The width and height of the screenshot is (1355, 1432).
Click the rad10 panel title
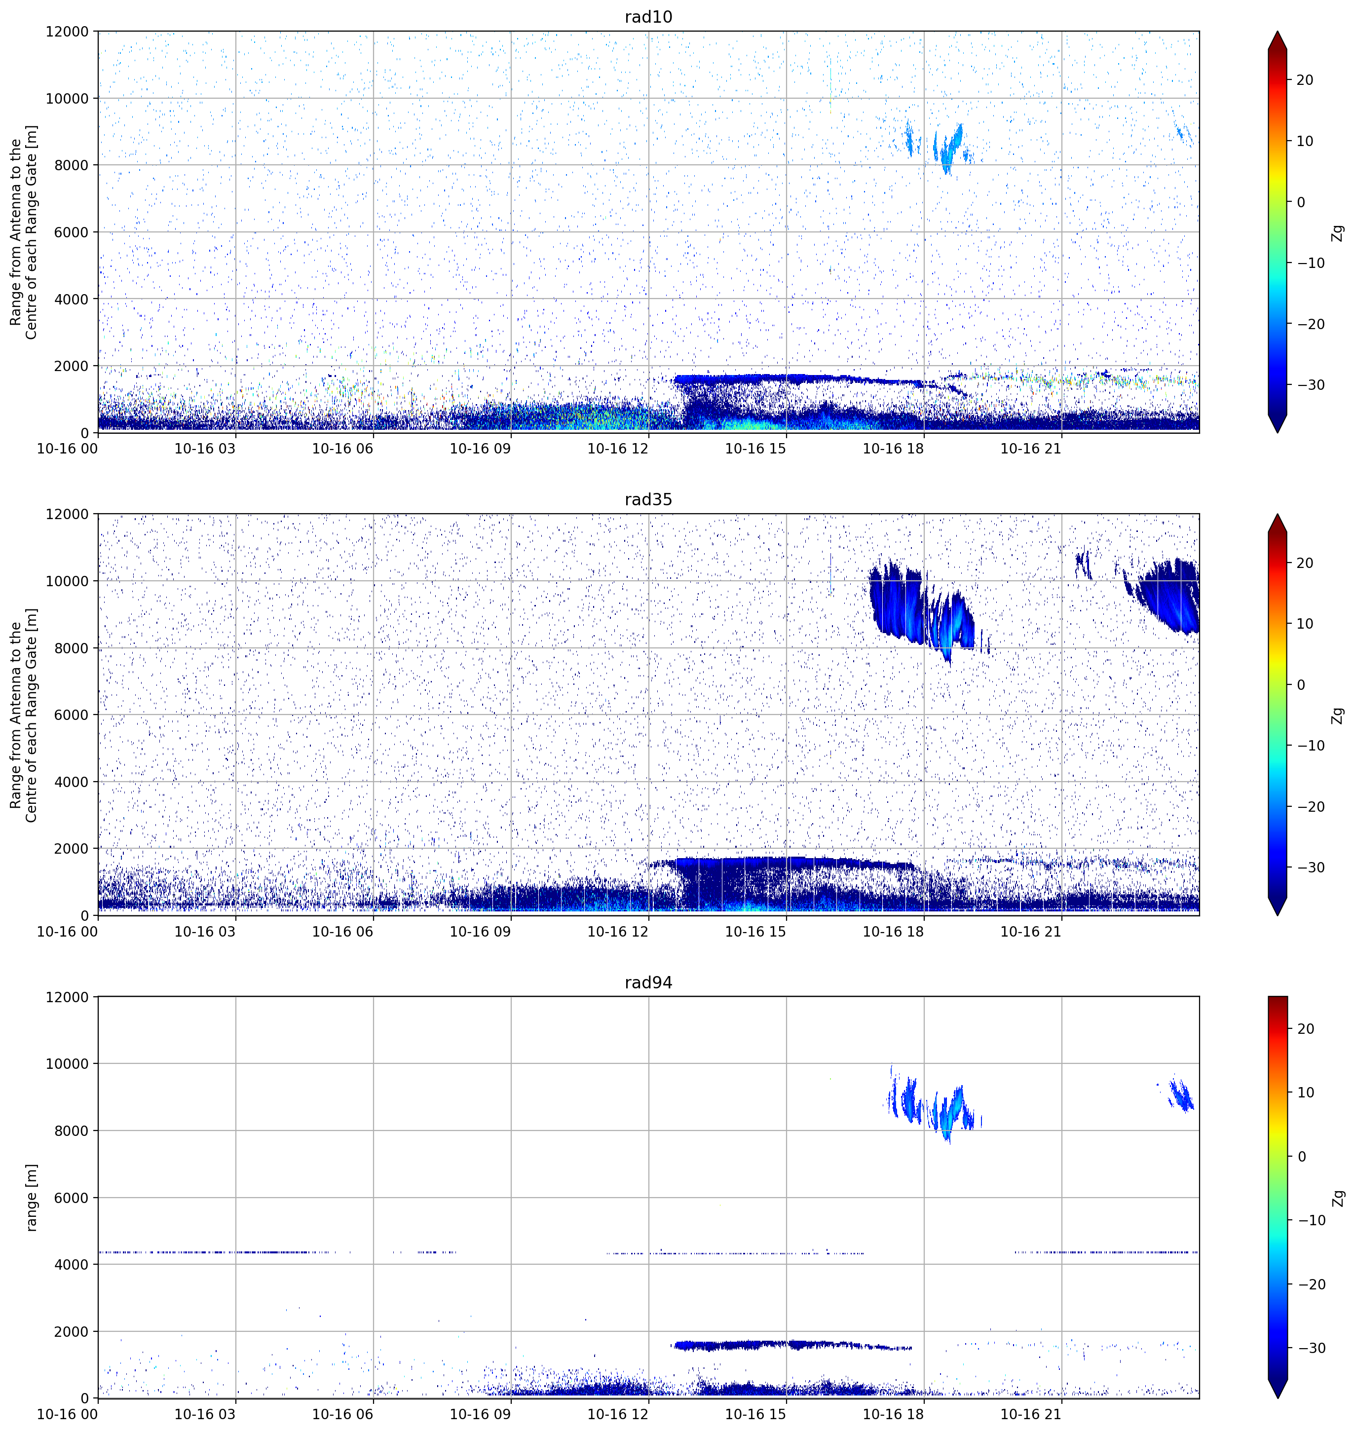[x=648, y=17]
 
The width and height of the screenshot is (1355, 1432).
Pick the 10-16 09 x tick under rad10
[x=480, y=449]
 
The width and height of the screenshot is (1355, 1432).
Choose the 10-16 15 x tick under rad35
[x=755, y=932]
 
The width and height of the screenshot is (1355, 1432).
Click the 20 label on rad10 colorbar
[x=1305, y=80]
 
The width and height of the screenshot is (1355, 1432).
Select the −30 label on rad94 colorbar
[x=1311, y=1348]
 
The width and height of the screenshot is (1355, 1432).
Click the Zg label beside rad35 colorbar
[x=1338, y=715]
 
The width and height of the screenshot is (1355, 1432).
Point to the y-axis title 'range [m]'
[x=31, y=1197]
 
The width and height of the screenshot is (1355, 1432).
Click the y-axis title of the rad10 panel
[x=23, y=232]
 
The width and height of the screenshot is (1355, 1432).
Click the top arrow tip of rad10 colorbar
[x=1278, y=31]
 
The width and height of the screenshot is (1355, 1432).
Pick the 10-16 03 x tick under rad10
[x=205, y=449]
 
